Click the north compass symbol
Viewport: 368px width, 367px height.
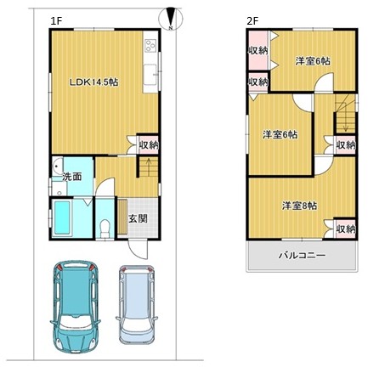point(170,19)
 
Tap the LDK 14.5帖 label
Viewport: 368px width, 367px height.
point(94,82)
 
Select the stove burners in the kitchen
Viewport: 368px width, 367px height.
point(150,45)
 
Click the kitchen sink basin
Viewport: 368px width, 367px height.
point(150,75)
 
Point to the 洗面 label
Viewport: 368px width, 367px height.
point(72,177)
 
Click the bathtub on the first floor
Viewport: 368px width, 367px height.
point(61,217)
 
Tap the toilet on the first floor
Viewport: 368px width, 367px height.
point(105,228)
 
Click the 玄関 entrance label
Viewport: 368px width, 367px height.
point(138,218)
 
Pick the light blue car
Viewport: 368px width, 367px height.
point(137,304)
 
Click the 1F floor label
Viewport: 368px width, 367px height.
point(56,21)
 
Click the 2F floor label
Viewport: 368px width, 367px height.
point(252,21)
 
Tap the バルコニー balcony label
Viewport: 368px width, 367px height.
point(302,256)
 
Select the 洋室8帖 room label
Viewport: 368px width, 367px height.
point(299,206)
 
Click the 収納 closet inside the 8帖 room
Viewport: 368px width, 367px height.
point(345,229)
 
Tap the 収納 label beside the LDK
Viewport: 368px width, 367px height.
point(149,145)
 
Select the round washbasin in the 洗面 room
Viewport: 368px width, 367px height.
point(57,164)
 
